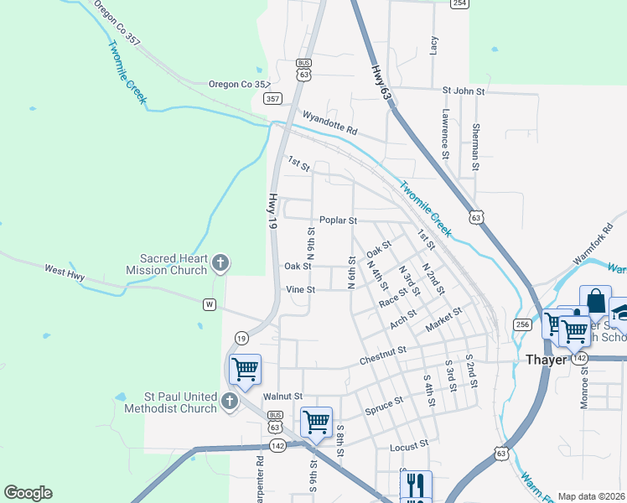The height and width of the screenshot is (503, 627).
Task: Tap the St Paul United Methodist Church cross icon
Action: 231,403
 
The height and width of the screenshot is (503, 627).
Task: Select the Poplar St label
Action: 338,220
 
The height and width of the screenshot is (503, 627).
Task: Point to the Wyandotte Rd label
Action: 330,123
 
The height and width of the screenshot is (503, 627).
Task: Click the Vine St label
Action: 300,289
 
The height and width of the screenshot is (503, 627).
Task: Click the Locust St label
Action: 409,445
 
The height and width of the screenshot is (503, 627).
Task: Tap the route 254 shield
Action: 459,3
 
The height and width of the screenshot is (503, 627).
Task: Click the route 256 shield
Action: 523,324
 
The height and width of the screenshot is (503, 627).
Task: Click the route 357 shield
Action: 272,98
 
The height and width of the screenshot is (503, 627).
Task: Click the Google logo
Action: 28,493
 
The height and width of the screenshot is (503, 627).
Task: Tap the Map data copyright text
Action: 592,496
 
